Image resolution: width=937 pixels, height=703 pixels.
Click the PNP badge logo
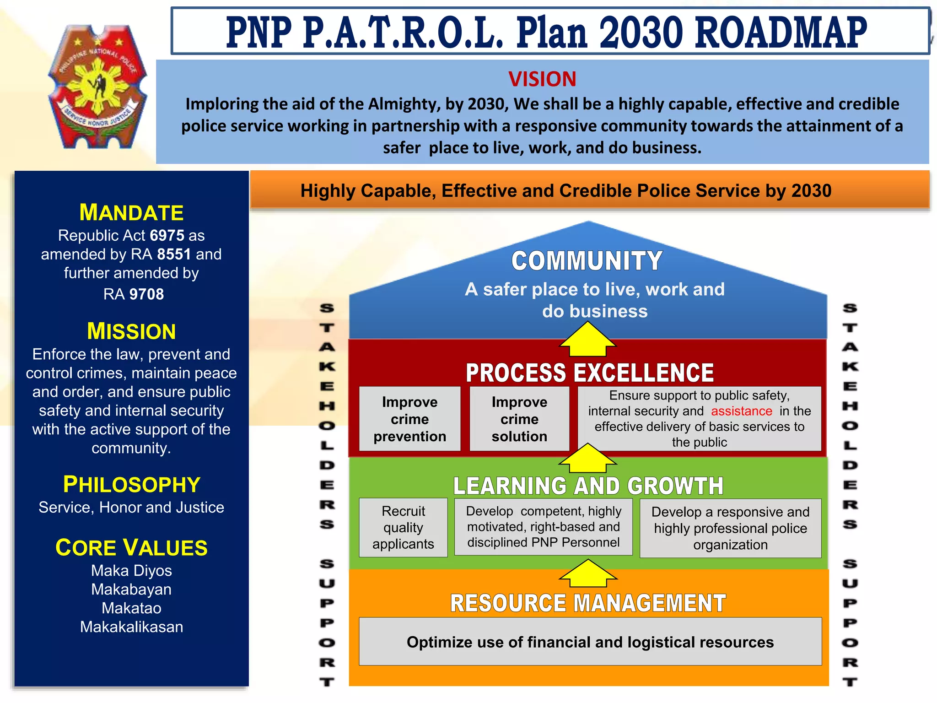tap(97, 87)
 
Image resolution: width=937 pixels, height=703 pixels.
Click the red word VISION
tap(542, 79)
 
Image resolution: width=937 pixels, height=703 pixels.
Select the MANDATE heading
tap(131, 212)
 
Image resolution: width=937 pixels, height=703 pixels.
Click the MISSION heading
tap(131, 331)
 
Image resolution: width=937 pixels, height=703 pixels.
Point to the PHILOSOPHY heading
tap(131, 484)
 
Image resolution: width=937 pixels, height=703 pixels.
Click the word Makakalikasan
tap(131, 627)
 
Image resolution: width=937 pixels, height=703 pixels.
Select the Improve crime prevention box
tap(409, 419)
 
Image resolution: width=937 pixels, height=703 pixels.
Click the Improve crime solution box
tap(519, 419)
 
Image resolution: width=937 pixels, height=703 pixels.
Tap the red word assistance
tap(741, 411)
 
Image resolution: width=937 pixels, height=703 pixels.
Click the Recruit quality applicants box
tap(403, 527)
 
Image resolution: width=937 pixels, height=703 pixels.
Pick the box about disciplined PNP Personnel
tap(543, 526)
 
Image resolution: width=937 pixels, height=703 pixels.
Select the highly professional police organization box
tap(730, 528)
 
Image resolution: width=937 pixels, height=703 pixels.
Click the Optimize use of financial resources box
tap(590, 642)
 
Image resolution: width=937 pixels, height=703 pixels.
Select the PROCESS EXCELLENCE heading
tap(589, 373)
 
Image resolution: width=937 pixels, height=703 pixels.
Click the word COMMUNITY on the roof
tap(587, 261)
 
